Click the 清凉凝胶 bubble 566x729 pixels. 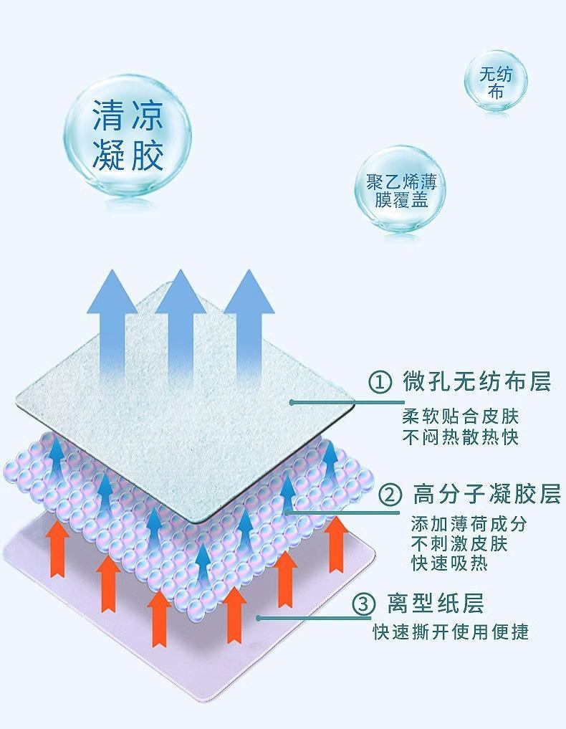[x=128, y=135]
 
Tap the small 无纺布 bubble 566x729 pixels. [x=494, y=82]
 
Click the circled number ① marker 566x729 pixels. [x=380, y=382]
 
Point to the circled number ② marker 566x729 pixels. [x=390, y=495]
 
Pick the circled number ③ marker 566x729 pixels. [x=364, y=604]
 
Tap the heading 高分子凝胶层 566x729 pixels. [x=486, y=495]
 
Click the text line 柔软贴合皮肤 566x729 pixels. [x=460, y=416]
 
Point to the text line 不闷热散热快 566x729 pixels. [x=460, y=437]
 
